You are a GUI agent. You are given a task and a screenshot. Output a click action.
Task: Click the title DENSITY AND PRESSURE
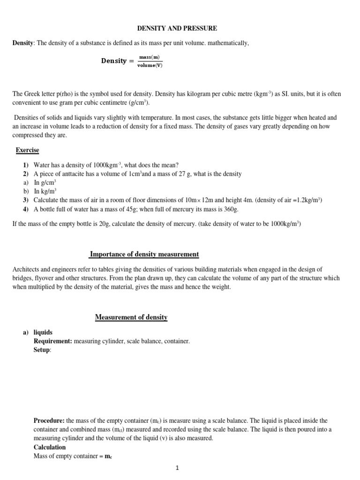point(177,29)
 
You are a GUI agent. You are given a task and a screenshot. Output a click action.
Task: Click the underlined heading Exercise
point(28,150)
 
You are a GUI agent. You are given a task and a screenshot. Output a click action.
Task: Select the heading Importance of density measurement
point(144,255)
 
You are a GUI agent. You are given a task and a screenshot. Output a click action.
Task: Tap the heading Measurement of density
point(131,317)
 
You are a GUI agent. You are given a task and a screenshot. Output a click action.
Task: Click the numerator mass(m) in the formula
point(150,57)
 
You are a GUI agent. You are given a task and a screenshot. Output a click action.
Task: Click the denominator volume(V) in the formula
point(150,65)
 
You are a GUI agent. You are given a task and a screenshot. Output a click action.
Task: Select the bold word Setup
point(41,350)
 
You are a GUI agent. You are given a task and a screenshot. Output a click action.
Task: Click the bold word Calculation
point(50,447)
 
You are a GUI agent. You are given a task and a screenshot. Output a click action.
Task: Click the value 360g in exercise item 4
point(231,209)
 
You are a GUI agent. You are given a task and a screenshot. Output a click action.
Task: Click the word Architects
point(28,269)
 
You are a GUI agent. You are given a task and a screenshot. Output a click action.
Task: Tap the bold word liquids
point(43,332)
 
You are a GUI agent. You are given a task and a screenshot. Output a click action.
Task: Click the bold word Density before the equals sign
point(114,61)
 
